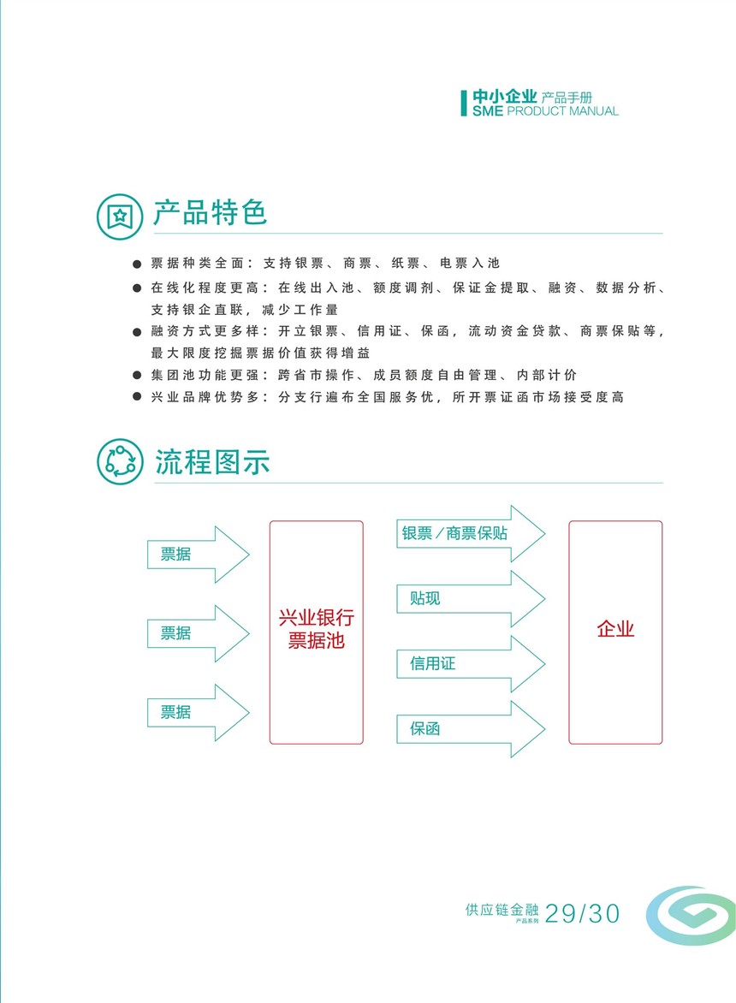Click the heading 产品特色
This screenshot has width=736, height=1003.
pos(210,213)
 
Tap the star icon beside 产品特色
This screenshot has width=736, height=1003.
pos(120,217)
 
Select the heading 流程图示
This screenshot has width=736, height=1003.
pos(212,462)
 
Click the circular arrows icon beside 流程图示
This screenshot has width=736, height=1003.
pos(120,461)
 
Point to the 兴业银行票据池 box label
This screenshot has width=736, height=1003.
pos(317,629)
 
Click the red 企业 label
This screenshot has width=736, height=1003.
pos(615,629)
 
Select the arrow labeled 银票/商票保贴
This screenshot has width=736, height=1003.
pos(471,533)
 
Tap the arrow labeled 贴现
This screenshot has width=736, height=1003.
pos(471,599)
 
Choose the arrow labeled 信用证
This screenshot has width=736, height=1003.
pos(471,664)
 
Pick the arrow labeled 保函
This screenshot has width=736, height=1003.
pos(471,729)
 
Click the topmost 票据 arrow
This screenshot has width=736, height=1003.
pos(199,554)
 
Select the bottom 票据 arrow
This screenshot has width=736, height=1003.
pos(199,713)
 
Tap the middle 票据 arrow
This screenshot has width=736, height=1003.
pos(199,633)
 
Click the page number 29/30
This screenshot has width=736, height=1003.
pos(583,914)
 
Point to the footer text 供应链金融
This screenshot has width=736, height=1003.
pos(502,910)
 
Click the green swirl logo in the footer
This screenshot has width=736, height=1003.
pos(691,916)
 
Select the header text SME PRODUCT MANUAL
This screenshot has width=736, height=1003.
pos(545,111)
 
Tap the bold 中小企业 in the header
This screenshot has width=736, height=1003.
pos(505,97)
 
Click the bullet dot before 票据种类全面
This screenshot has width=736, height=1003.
pos(137,264)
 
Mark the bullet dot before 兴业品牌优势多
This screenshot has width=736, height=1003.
pos(137,396)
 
